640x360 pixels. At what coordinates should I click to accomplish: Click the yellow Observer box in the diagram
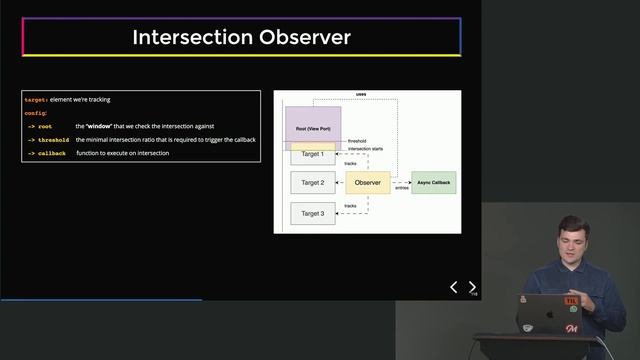pos(367,183)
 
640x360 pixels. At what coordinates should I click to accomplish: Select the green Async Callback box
pos(433,183)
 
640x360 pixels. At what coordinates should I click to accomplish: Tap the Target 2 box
pos(312,183)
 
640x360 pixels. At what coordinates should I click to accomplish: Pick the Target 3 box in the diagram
pos(312,213)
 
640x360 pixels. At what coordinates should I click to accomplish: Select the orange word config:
pos(36,114)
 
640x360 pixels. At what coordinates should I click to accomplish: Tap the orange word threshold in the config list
pos(54,140)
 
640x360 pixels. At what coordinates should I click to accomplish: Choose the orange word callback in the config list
pos(52,153)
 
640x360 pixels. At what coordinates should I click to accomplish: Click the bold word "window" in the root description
pos(98,127)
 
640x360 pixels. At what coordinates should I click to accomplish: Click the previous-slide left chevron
pos(453,288)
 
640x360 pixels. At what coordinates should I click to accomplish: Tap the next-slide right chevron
pos(472,288)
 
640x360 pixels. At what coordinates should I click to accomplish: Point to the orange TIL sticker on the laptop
pos(571,301)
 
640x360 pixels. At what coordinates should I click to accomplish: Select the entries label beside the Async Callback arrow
pos(401,188)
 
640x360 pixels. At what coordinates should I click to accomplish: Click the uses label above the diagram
pos(361,95)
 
